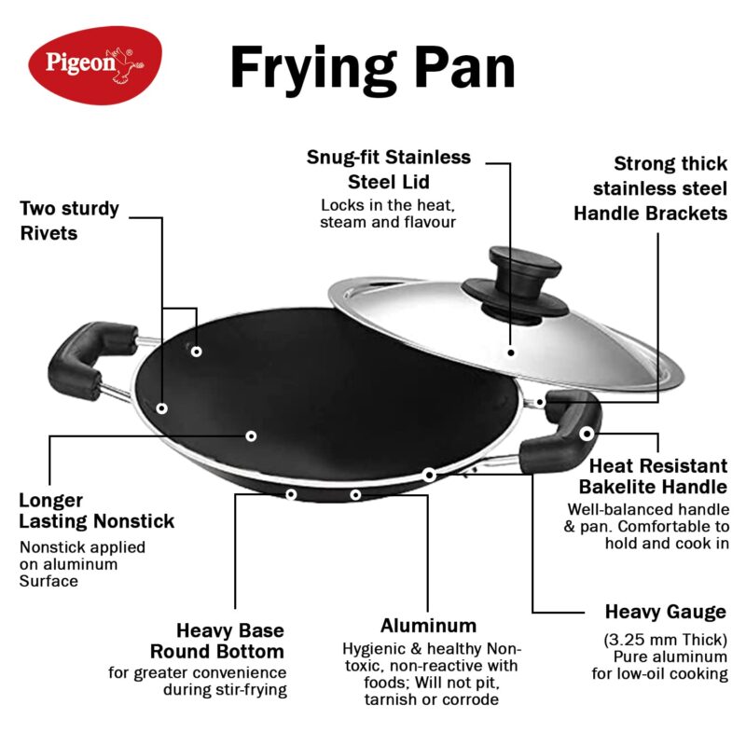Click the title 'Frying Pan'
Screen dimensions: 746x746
(372, 67)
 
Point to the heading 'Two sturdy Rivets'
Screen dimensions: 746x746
(70, 220)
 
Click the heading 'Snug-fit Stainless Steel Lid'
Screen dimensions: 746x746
(389, 170)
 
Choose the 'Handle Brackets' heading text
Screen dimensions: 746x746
(650, 214)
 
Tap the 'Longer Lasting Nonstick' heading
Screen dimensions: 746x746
(96, 511)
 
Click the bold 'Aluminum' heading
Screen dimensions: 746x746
(428, 626)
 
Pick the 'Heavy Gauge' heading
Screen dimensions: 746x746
(665, 613)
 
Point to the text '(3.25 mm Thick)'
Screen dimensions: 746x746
(662, 639)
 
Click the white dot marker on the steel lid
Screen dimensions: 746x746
(511, 352)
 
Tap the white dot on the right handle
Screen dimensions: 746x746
(586, 434)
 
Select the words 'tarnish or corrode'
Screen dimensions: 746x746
(431, 699)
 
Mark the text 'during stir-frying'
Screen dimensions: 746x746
(225, 690)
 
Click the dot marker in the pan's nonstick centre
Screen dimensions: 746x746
(251, 435)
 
